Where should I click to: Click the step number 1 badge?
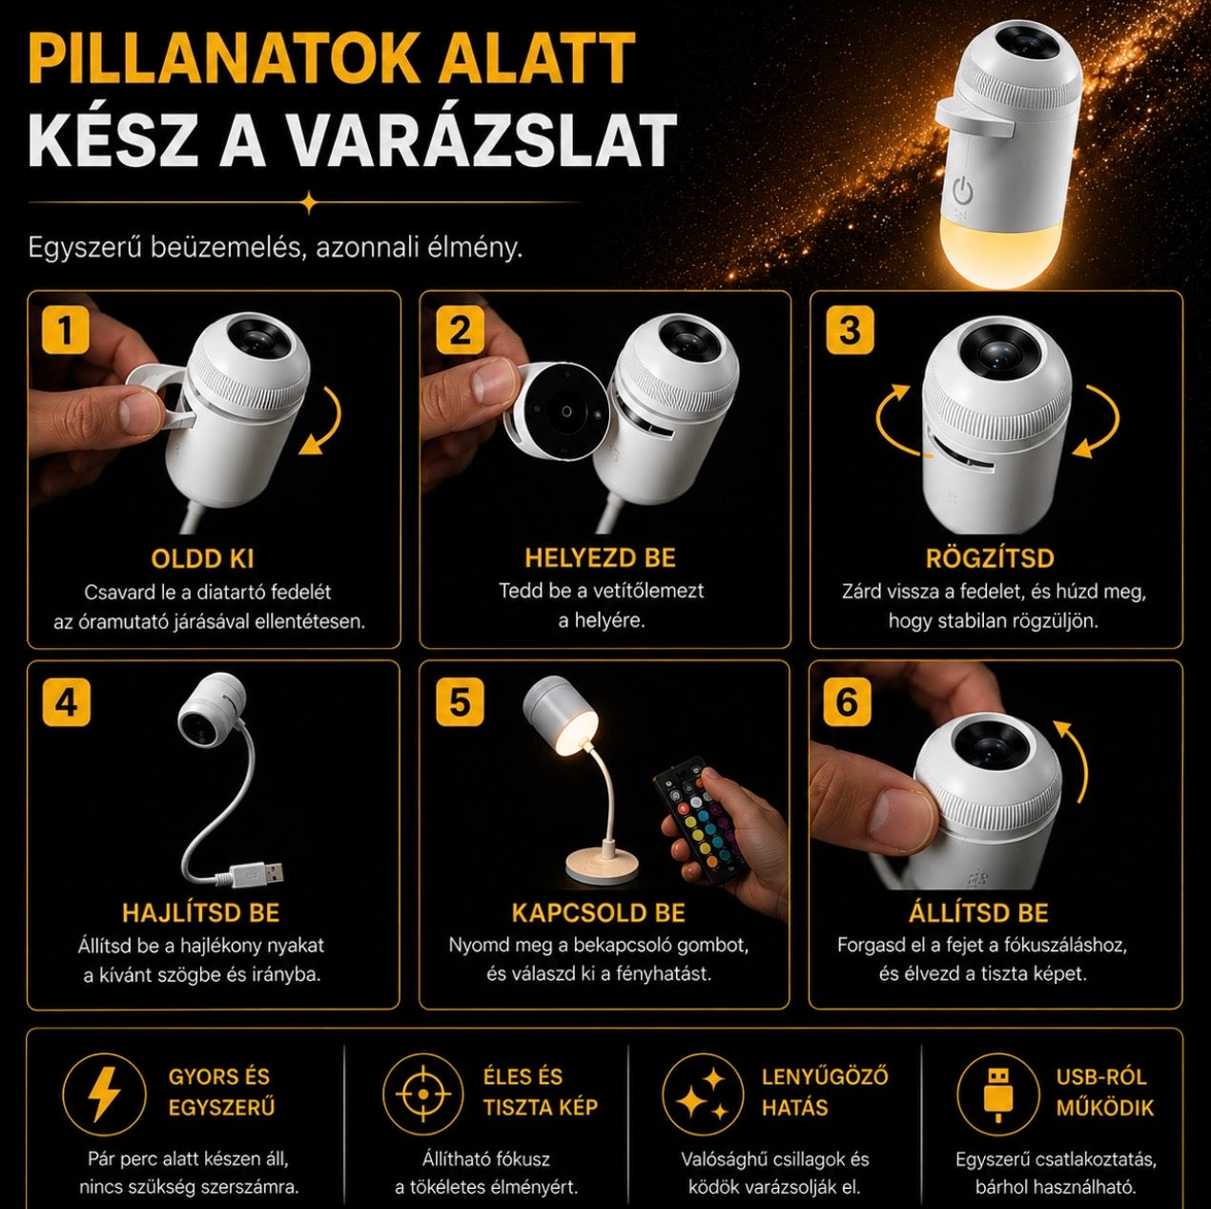point(66,329)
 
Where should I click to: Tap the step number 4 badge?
point(67,702)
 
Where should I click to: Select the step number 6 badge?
point(847,702)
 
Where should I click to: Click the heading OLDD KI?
point(202,558)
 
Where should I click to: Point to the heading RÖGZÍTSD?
point(990,558)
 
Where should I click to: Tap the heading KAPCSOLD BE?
point(598,913)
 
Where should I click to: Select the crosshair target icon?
point(423,1094)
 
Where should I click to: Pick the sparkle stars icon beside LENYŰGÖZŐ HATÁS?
point(704,1094)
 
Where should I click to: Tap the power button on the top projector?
point(963,189)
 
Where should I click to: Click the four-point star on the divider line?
point(309,202)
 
